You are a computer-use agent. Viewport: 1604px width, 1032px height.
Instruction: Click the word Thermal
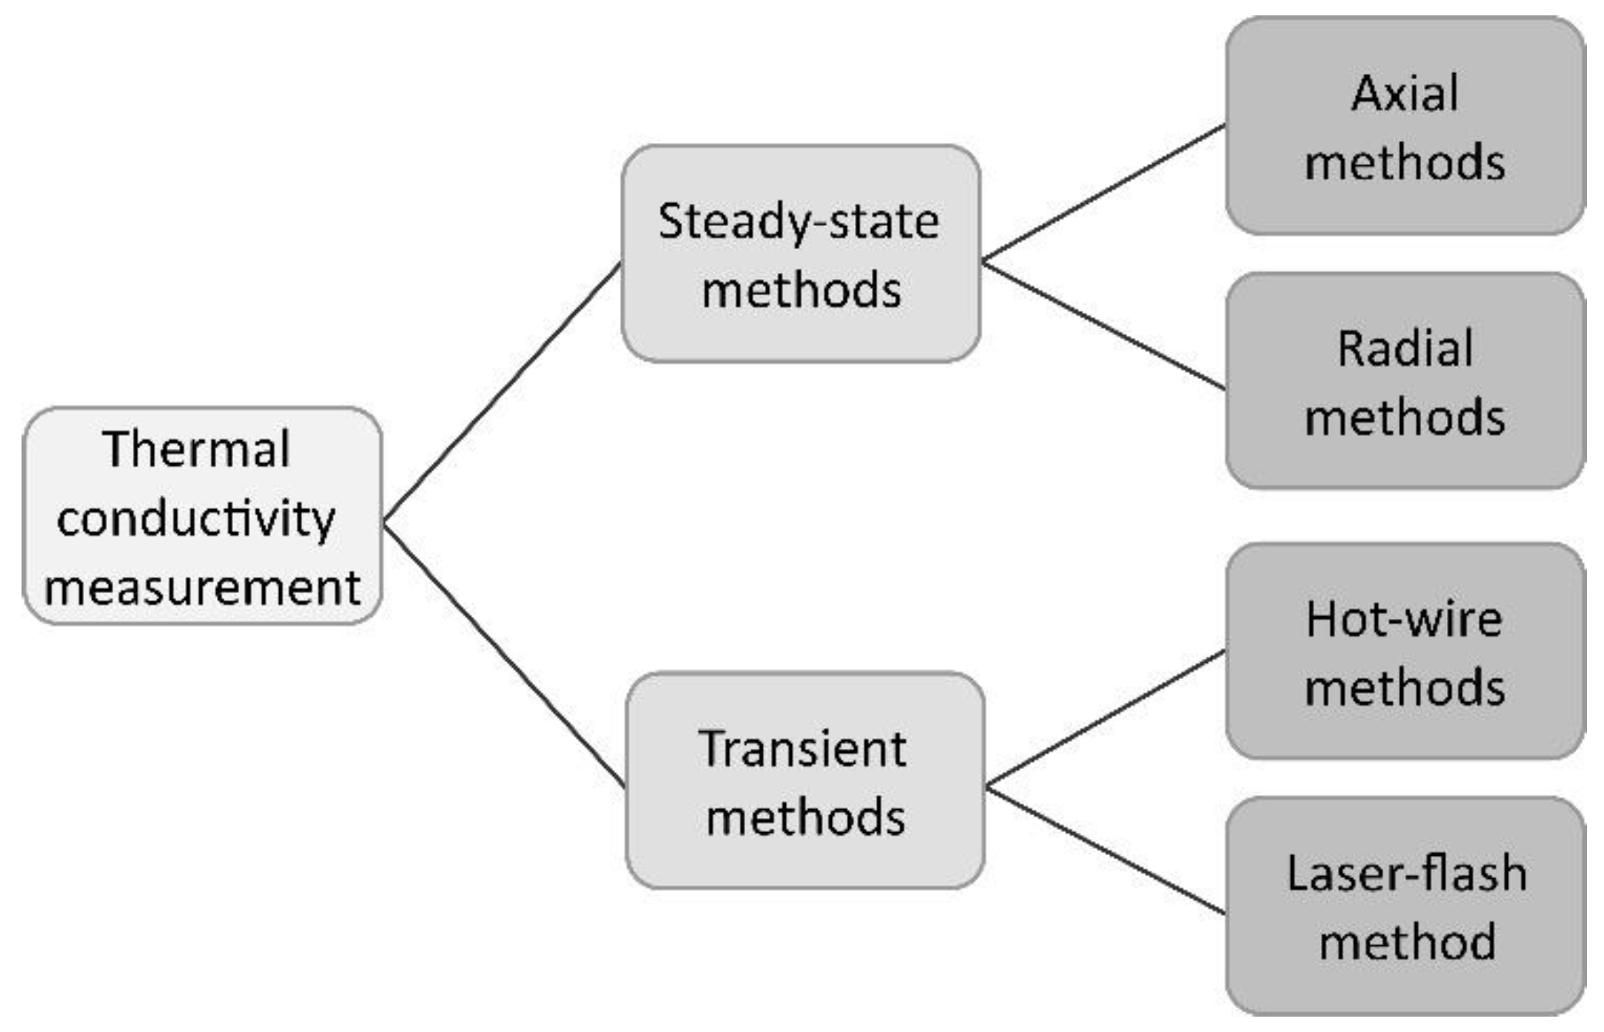[195, 449]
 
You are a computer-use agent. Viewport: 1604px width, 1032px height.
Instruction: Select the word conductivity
[195, 519]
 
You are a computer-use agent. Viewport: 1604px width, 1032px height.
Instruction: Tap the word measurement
[201, 588]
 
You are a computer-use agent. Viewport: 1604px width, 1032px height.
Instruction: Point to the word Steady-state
[798, 222]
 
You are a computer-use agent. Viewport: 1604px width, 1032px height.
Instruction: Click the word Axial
[1404, 94]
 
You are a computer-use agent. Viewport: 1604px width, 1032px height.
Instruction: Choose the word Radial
[1404, 349]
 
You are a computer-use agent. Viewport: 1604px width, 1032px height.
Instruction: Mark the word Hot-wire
[1404, 619]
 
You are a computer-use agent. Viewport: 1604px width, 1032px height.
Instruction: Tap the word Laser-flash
[1406, 874]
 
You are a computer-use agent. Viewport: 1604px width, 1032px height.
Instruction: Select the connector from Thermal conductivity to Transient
[504, 655]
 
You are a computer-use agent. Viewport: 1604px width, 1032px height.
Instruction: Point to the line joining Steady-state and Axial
[1103, 192]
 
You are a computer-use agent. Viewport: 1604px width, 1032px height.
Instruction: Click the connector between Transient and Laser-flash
[1106, 851]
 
